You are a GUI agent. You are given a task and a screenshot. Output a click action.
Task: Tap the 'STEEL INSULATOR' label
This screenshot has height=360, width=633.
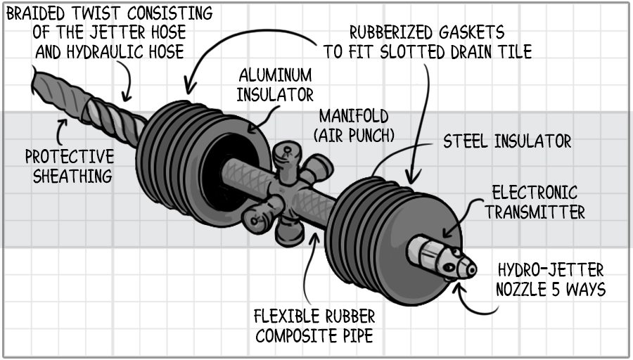506,141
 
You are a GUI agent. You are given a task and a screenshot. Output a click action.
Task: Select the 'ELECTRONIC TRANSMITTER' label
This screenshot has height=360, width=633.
534,202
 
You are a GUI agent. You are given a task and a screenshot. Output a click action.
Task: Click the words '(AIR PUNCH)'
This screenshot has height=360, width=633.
353,134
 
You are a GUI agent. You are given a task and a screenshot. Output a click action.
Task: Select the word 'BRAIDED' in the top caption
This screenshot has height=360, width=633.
39,12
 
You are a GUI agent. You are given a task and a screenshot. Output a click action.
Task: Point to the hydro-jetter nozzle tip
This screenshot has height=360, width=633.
465,265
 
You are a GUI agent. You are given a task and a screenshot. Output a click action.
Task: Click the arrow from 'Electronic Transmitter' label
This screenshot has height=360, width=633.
454,224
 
